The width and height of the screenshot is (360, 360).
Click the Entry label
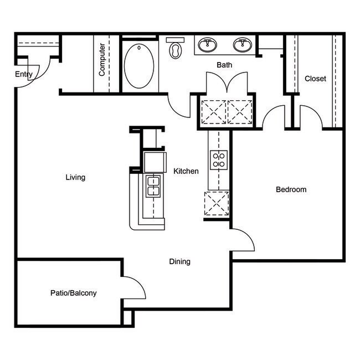click(x=24, y=74)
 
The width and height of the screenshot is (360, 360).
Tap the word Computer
click(x=102, y=59)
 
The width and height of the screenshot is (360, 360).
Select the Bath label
click(x=224, y=65)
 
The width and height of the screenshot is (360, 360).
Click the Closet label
click(x=315, y=79)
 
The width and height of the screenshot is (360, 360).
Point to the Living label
click(x=75, y=177)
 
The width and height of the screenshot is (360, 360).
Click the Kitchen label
click(x=186, y=171)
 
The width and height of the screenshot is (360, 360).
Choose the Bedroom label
click(x=291, y=189)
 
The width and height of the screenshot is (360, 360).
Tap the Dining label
click(x=179, y=261)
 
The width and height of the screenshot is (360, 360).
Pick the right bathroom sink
click(x=242, y=44)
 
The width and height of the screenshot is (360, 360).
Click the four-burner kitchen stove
click(x=219, y=160)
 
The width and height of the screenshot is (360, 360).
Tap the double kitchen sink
click(x=152, y=186)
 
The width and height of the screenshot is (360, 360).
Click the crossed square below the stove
click(x=217, y=202)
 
